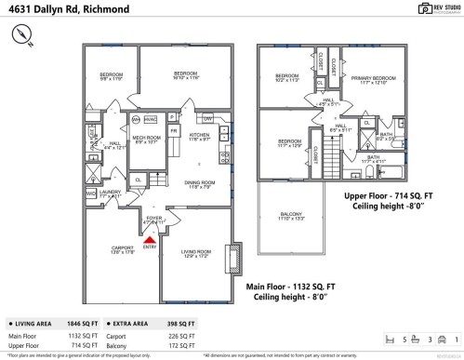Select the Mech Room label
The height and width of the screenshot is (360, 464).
point(145,140)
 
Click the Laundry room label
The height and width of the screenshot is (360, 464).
point(110,193)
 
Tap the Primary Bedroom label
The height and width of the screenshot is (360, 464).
point(372,80)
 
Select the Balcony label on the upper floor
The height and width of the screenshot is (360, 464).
point(291,217)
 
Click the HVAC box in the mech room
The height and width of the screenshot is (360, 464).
point(150,120)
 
